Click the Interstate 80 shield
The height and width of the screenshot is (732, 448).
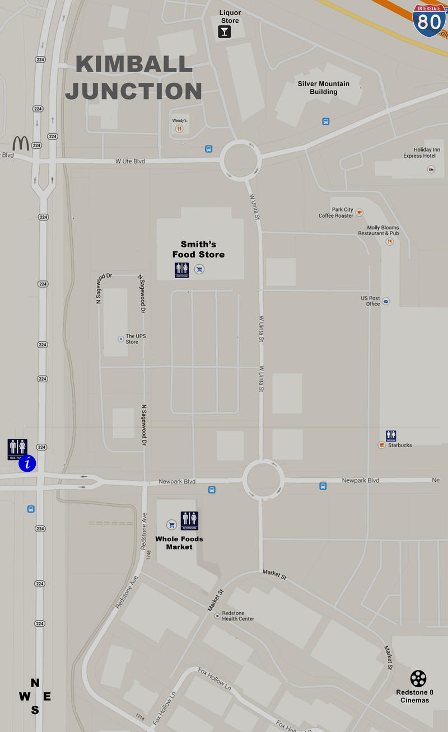430,20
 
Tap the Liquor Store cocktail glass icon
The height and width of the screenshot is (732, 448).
224,31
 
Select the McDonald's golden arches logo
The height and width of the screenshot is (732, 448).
21,143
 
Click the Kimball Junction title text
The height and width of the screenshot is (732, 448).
133,78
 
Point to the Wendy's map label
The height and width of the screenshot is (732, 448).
179,120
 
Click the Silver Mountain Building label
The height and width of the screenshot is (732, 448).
323,88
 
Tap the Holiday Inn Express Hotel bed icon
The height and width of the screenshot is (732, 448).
431,169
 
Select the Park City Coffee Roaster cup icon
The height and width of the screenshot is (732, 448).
359,213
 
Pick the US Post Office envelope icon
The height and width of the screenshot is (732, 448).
385,301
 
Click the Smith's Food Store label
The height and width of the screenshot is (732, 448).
198,250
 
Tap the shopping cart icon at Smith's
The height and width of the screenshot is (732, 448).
199,270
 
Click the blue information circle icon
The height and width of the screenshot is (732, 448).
27,463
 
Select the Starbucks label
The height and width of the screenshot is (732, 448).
400,445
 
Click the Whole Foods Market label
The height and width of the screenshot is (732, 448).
179,543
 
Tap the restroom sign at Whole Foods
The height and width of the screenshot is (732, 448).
189,520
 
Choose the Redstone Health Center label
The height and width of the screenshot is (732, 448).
238,616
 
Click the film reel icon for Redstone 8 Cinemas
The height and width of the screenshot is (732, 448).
418,678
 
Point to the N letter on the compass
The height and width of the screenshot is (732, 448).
35,683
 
